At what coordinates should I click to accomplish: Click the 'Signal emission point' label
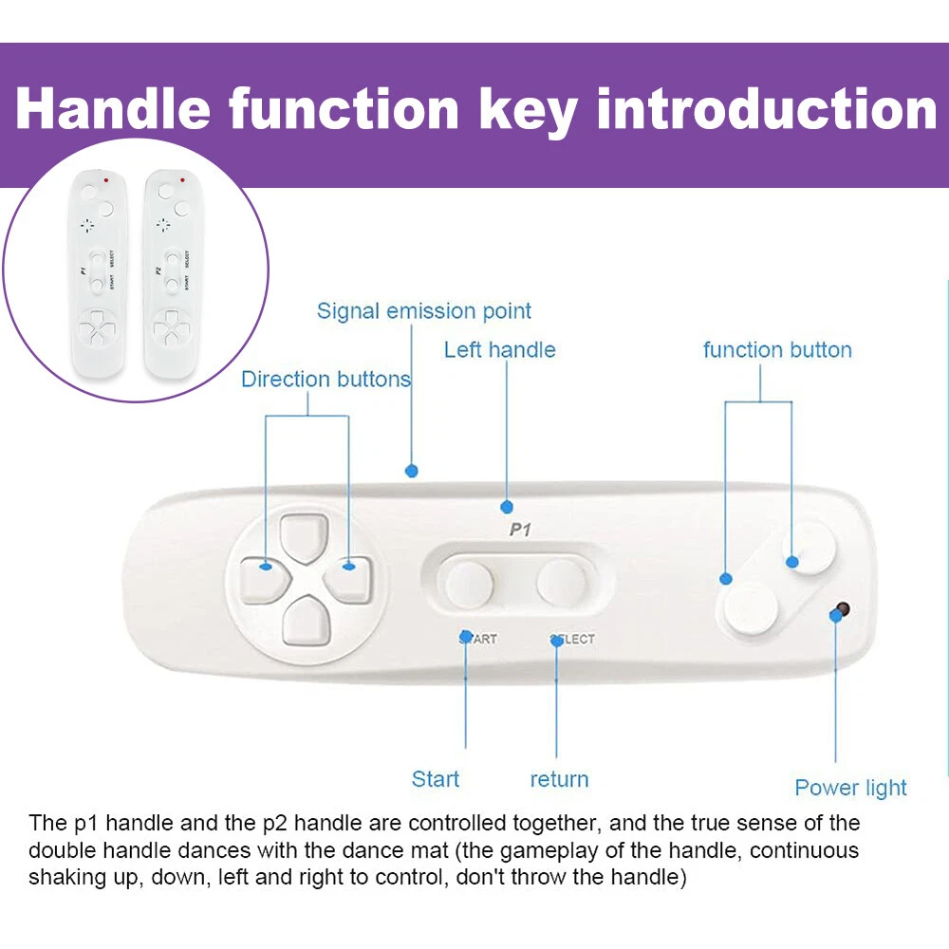[x=423, y=311]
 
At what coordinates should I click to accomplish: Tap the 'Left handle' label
[x=499, y=350]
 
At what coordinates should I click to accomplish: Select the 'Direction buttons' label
[x=326, y=379]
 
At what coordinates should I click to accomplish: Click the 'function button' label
[x=777, y=350]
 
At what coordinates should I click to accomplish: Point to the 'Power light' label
[x=850, y=788]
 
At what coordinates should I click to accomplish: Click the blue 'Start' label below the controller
[x=436, y=779]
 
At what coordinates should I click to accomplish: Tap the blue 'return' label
[x=559, y=779]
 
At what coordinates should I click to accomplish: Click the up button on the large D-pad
[x=305, y=537]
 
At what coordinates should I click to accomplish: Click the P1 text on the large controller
[x=520, y=530]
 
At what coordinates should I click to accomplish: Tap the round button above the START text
[x=469, y=584]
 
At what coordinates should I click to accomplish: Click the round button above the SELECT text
[x=561, y=583]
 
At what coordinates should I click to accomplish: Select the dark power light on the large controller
[x=842, y=609]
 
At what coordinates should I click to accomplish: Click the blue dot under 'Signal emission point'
[x=412, y=471]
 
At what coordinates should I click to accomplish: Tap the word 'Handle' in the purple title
[x=113, y=109]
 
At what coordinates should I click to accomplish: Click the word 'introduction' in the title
[x=766, y=109]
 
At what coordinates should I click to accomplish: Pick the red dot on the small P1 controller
[x=106, y=179]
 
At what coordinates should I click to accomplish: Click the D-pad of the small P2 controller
[x=172, y=329]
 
